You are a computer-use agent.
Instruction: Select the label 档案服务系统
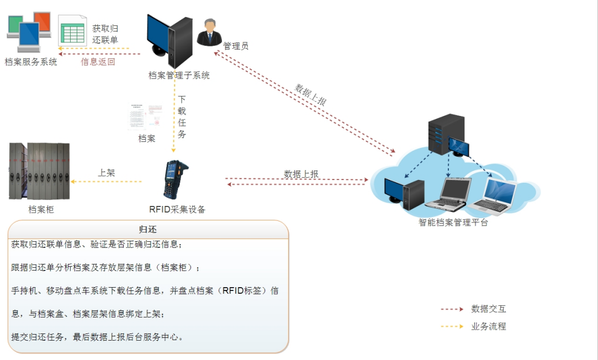(31, 62)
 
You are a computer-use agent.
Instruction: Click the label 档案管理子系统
(179, 76)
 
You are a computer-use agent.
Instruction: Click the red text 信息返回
(98, 62)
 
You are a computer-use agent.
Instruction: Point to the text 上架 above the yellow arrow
(107, 173)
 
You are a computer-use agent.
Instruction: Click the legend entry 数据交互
(488, 309)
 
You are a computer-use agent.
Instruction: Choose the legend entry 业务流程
(488, 326)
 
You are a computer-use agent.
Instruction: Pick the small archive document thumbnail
(146, 116)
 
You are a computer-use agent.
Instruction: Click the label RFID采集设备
(177, 209)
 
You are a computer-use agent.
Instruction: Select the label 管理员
(236, 46)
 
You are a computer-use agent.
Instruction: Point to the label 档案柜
(41, 210)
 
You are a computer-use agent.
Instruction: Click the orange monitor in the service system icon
(42, 22)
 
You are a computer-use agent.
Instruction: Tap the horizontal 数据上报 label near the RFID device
(301, 174)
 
